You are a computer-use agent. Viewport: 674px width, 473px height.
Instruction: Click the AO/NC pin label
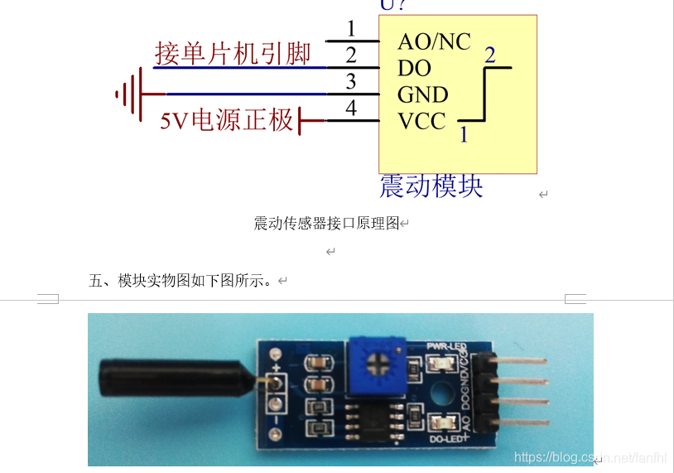coord(434,41)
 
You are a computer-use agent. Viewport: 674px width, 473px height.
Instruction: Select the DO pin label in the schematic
coord(414,68)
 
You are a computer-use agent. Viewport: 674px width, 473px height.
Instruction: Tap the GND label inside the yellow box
coord(422,94)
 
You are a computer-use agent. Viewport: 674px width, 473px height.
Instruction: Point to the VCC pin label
coord(421,121)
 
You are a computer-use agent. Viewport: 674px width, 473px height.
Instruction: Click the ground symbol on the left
coord(129,94)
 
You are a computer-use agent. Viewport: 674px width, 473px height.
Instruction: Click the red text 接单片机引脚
coord(233,53)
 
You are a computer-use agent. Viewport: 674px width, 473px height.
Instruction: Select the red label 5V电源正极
coord(227,121)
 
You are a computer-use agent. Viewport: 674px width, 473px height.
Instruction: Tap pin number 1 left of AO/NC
coord(351,30)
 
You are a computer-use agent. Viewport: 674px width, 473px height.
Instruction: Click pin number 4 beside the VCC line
coord(351,109)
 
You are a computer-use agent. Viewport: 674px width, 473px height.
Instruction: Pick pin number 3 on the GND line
coord(351,82)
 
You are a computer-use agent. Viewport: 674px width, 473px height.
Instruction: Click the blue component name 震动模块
coord(431,186)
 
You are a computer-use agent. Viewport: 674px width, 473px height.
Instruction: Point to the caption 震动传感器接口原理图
coord(326,224)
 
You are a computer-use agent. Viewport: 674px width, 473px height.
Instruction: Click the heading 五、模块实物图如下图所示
coord(181,281)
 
